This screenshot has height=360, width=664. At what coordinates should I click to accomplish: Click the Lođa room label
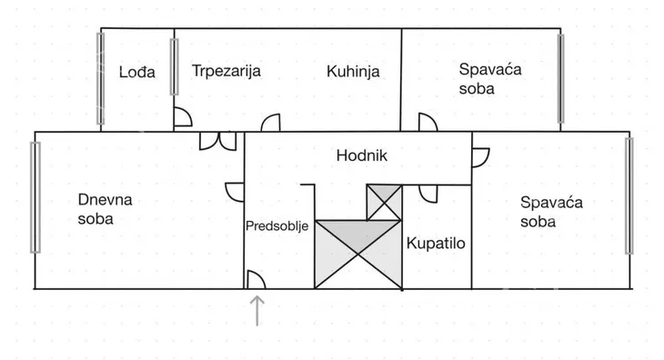coord(137,72)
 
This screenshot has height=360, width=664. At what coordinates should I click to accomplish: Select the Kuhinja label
coord(353,72)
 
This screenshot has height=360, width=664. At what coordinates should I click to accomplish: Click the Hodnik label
coord(362,155)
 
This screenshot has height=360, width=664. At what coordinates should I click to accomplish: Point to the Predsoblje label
coord(277,225)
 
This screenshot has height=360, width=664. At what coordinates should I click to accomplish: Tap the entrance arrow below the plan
coord(258,309)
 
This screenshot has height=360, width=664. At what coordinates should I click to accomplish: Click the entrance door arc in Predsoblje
coord(256,280)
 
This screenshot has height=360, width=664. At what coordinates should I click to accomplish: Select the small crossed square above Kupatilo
coord(384,201)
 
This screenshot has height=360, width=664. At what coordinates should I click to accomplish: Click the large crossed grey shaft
coord(358,255)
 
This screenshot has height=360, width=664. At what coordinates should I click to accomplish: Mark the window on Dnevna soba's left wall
coord(35,197)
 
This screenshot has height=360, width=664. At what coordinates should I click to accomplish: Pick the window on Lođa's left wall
coord(101,78)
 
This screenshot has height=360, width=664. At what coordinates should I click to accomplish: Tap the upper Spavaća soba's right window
coord(561,78)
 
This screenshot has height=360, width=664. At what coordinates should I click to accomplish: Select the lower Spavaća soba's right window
coord(629,196)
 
